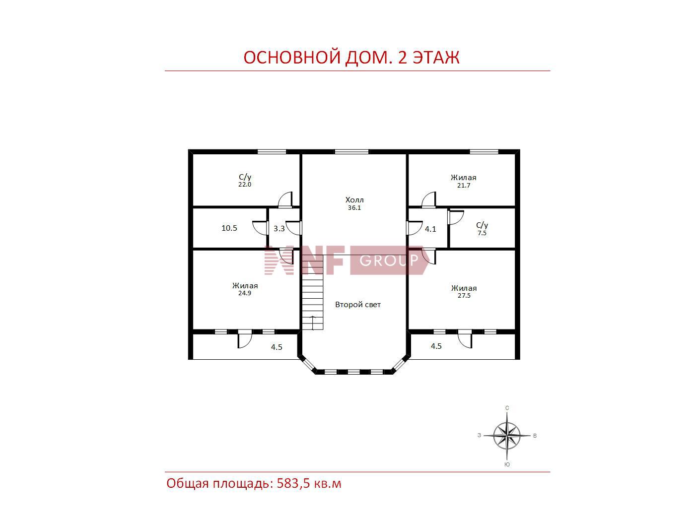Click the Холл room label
tap(354, 200)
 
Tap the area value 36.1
tap(354, 208)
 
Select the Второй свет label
tap(358, 305)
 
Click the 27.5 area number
tap(464, 296)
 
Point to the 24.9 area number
tap(245, 293)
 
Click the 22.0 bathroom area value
tap(245, 185)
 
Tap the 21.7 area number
tap(464, 186)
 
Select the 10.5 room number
tap(229, 228)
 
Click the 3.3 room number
tap(279, 229)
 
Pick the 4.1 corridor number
tap(430, 229)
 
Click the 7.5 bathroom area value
tap(482, 233)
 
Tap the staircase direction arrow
tap(313, 323)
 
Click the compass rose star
tap(507, 436)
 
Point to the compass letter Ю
tap(507, 464)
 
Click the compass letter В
tap(535, 436)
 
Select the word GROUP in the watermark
tap(389, 260)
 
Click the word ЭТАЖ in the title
tap(437, 58)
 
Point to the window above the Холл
tap(351, 152)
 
